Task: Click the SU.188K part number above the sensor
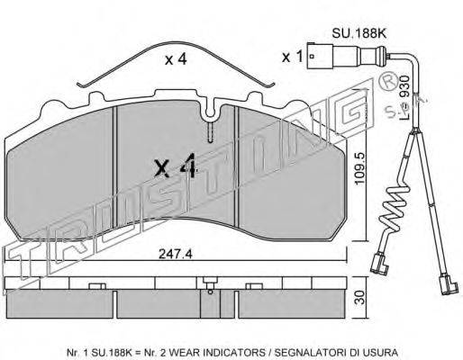(x=359, y=33)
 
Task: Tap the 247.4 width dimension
(x=176, y=255)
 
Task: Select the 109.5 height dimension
(x=359, y=167)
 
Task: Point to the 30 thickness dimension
(x=361, y=297)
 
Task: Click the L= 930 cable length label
(x=404, y=96)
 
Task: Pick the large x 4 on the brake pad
(x=176, y=166)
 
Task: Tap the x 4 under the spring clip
(x=176, y=59)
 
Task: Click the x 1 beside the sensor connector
(x=292, y=57)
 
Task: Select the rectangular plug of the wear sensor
(x=320, y=56)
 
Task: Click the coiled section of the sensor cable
(x=395, y=210)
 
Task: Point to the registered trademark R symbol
(x=389, y=81)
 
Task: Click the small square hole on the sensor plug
(x=313, y=56)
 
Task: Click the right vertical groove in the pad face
(x=236, y=166)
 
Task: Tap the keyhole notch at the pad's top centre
(x=210, y=111)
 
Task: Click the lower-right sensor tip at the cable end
(x=449, y=285)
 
